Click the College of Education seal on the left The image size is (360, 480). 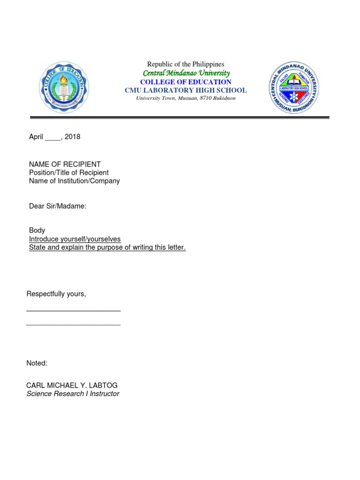pyautogui.click(x=63, y=88)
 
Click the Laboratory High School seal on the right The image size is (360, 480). pyautogui.click(x=294, y=88)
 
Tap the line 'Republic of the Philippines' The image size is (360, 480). pyautogui.click(x=186, y=64)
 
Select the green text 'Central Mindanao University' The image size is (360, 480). pyautogui.click(x=186, y=73)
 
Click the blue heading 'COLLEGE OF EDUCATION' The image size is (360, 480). pyautogui.click(x=186, y=82)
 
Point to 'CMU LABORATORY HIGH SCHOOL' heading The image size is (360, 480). pyautogui.click(x=186, y=90)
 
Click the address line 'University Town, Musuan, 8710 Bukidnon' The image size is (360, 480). pyautogui.click(x=186, y=98)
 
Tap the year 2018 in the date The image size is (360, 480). pyautogui.click(x=73, y=137)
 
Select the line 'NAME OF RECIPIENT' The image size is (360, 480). pyautogui.click(x=65, y=165)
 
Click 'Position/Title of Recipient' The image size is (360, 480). pyautogui.click(x=68, y=172)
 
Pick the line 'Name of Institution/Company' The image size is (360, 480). pyautogui.click(x=74, y=181)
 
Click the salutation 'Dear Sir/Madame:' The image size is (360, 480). pyautogui.click(x=58, y=206)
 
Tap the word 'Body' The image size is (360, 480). pyautogui.click(x=37, y=231)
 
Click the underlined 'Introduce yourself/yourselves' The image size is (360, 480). pyautogui.click(x=75, y=239)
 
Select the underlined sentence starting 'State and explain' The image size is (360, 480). pyautogui.click(x=107, y=247)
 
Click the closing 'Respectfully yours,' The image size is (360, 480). pyautogui.click(x=56, y=294)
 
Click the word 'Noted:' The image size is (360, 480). pyautogui.click(x=37, y=363)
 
